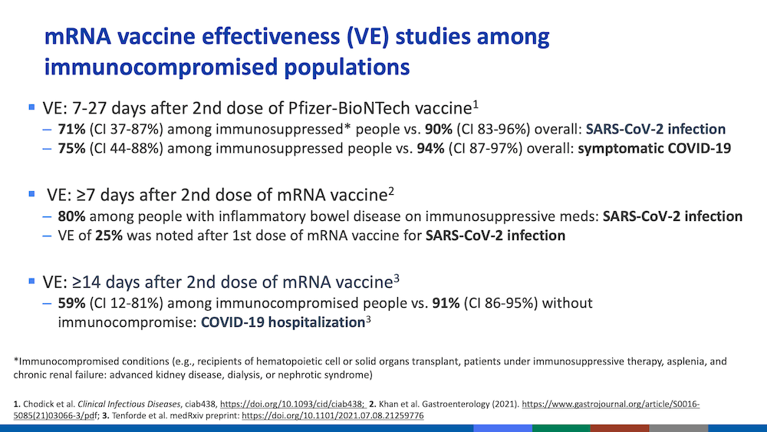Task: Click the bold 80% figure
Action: (71, 216)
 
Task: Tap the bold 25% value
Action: (108, 236)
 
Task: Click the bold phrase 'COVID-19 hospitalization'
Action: (282, 322)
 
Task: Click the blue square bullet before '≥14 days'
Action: (31, 281)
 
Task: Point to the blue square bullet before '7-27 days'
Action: (31, 108)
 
